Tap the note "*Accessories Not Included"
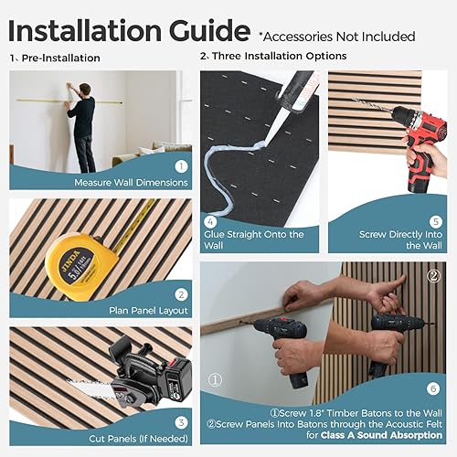[x=336, y=37]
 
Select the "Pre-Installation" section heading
[x=60, y=58]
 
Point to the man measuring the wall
[x=84, y=123]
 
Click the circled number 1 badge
[x=181, y=167]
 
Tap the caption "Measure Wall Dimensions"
[x=132, y=182]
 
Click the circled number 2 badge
[x=181, y=294]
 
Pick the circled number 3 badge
[x=181, y=421]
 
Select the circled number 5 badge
[x=436, y=219]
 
